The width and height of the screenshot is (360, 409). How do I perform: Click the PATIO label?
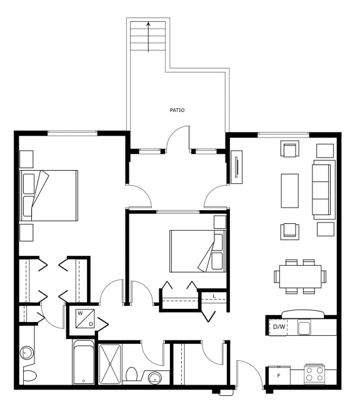(177, 110)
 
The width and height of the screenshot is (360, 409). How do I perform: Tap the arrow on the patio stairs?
(148, 37)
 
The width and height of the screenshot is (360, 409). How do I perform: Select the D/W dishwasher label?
(279, 326)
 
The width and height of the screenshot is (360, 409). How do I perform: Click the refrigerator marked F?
(279, 375)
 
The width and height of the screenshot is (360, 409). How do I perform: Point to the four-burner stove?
(314, 374)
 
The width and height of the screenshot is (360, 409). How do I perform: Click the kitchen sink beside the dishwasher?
(304, 328)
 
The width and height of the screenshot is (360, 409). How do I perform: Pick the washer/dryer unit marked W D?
(85, 318)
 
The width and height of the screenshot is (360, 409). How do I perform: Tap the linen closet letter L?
(214, 296)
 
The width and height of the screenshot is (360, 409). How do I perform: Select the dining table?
(300, 276)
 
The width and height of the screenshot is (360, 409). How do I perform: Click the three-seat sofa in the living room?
(324, 189)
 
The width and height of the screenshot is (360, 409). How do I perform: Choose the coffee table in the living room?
(289, 191)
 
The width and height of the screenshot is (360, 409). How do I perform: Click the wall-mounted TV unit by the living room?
(237, 167)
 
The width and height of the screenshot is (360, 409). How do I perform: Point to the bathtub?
(83, 362)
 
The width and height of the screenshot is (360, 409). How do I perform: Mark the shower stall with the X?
(110, 364)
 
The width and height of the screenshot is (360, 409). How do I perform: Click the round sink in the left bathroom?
(27, 353)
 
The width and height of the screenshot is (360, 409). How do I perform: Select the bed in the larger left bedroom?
(49, 196)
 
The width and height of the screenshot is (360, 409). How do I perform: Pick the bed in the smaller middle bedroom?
(197, 251)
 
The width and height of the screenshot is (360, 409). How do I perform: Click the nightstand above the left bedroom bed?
(26, 159)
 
